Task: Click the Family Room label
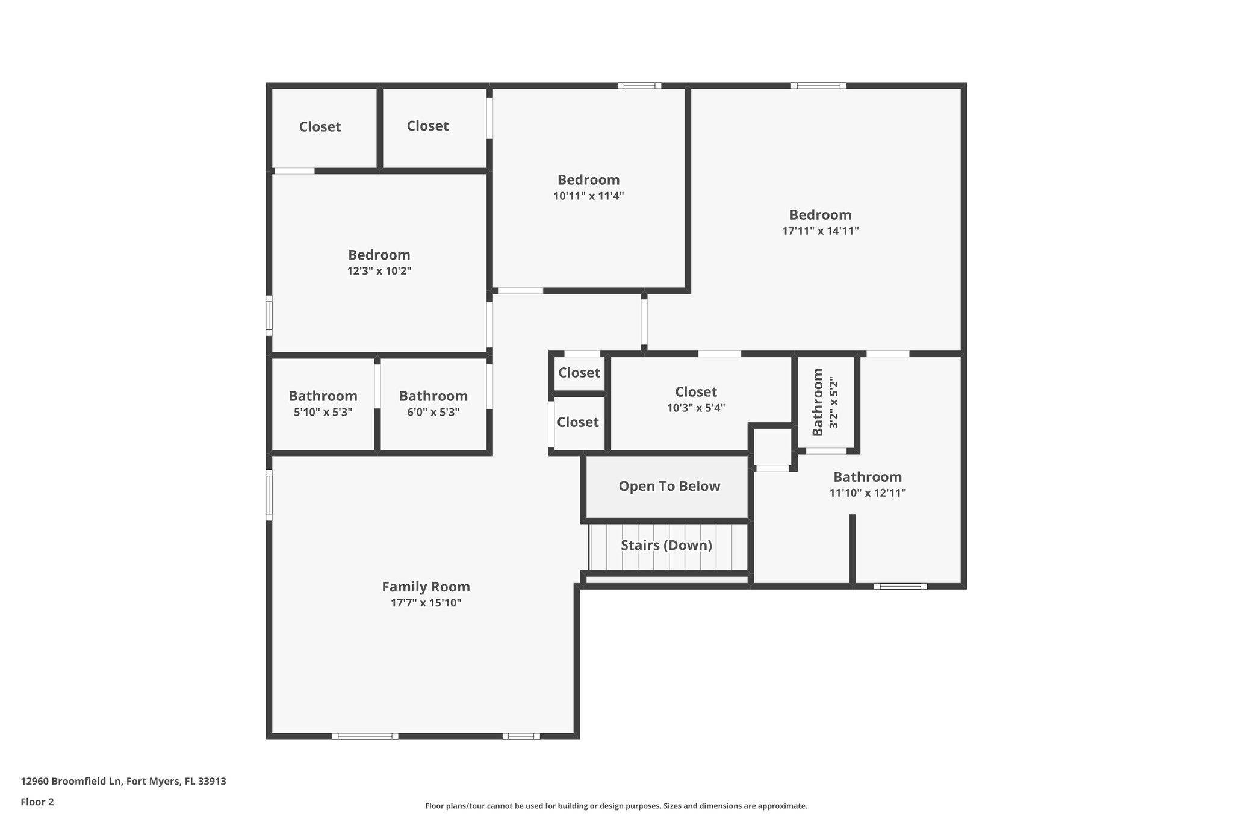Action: [426, 587]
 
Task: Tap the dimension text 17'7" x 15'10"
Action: [426, 603]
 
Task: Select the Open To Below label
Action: [669, 486]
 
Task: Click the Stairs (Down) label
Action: [666, 545]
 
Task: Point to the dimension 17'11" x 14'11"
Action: [820, 231]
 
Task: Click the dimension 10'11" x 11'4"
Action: [588, 196]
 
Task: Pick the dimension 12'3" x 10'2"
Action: [379, 271]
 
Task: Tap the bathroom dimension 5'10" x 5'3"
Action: [323, 413]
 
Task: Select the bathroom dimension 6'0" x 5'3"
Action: [433, 413]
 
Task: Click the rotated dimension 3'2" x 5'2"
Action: [833, 403]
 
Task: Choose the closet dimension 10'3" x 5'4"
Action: [695, 408]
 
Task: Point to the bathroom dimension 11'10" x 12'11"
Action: [867, 493]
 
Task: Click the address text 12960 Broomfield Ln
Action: [72, 782]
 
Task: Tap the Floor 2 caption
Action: [37, 802]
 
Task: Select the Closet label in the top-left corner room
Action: [320, 127]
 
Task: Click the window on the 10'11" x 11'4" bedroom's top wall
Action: [639, 86]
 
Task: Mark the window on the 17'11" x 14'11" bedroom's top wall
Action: [818, 86]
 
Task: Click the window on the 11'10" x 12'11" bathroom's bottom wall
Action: [900, 586]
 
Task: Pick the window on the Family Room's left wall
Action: [269, 495]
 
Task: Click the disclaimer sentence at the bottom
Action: [616, 806]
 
